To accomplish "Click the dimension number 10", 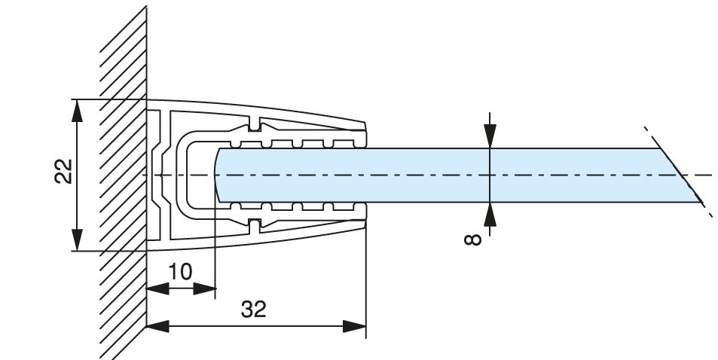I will [180, 271].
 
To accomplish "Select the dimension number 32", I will [254, 309].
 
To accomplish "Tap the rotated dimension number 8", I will [472, 239].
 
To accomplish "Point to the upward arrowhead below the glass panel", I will [490, 214].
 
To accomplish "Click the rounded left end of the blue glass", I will [220, 175].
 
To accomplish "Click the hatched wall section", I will [121, 181].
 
